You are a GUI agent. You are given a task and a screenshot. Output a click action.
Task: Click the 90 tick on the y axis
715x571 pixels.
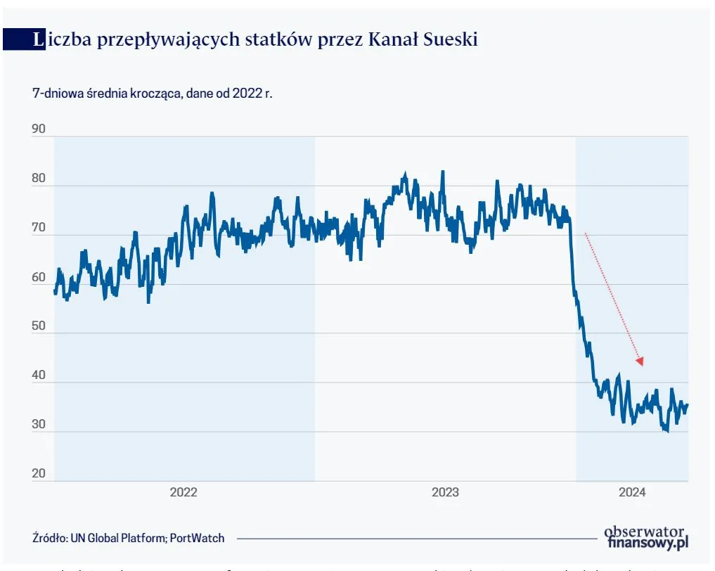(39, 129)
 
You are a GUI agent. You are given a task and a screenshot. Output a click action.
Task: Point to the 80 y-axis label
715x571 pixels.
(39, 179)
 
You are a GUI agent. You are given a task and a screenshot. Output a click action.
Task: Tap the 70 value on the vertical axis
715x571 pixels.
(39, 228)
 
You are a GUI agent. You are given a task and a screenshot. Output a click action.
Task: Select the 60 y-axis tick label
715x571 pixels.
(39, 277)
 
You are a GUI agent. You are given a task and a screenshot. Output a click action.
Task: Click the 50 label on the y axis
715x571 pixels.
(39, 326)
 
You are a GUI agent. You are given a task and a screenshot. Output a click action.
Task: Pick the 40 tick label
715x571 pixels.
(39, 376)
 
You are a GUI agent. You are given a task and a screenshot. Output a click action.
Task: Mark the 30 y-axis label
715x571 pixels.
(39, 425)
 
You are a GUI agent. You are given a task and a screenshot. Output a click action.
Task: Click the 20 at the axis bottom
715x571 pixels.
(39, 473)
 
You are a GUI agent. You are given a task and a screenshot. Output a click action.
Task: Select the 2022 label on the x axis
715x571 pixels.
(183, 492)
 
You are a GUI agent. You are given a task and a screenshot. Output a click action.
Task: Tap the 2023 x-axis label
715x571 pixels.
(445, 492)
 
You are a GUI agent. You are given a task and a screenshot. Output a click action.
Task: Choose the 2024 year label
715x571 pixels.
(632, 492)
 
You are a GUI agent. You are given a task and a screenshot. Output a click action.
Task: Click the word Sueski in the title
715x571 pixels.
(451, 40)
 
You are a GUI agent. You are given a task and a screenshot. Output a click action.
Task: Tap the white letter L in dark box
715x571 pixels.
(38, 40)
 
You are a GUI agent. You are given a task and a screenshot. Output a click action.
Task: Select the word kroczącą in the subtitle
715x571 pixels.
(153, 93)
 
